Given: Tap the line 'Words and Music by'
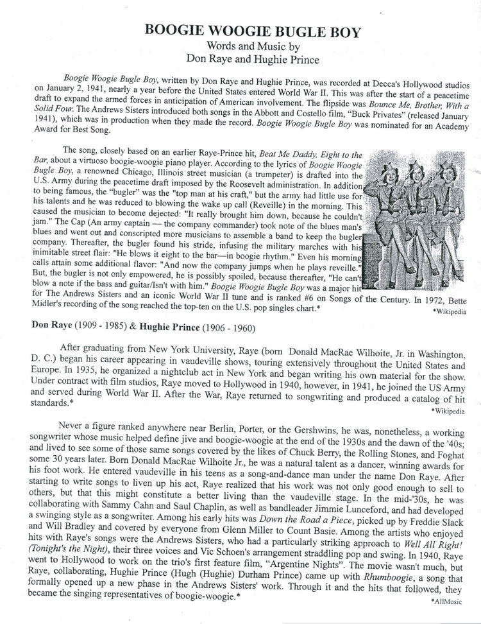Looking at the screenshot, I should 240,46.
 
